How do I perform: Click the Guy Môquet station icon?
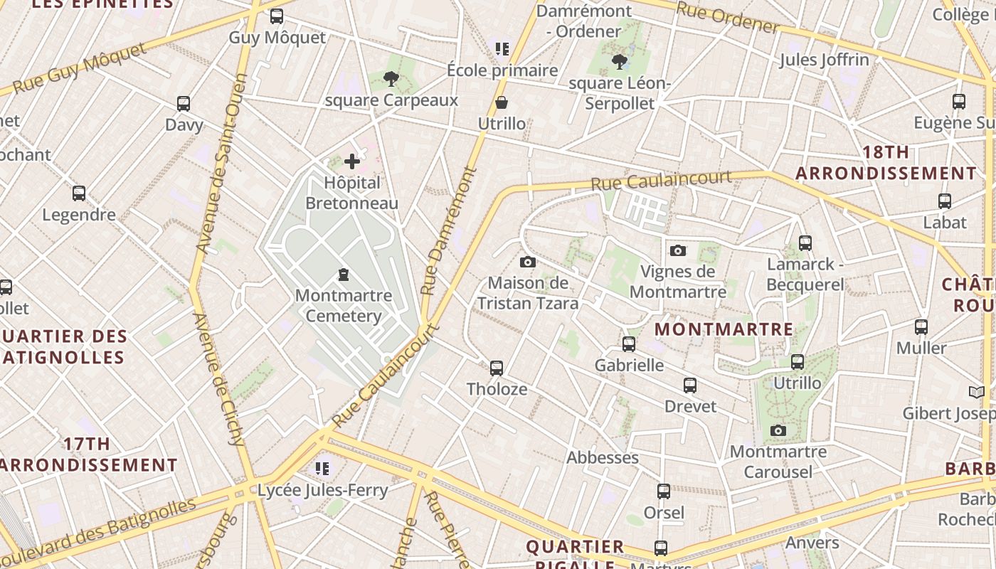pyautogui.click(x=276, y=16)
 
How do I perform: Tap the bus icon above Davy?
pyautogui.click(x=184, y=104)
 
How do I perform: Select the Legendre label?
pyautogui.click(x=79, y=215)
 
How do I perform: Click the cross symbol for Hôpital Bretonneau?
pyautogui.click(x=352, y=162)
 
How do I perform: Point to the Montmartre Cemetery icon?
pyautogui.click(x=344, y=275)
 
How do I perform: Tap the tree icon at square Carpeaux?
pyautogui.click(x=391, y=79)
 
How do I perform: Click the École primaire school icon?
pyautogui.click(x=502, y=49)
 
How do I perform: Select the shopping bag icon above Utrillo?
pyautogui.click(x=502, y=103)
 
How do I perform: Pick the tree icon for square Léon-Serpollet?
pyautogui.click(x=619, y=62)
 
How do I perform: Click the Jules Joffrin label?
pyautogui.click(x=824, y=60)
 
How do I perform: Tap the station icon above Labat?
pyautogui.click(x=945, y=201)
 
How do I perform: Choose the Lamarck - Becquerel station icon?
pyautogui.click(x=805, y=243)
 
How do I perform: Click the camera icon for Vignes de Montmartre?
pyautogui.click(x=678, y=250)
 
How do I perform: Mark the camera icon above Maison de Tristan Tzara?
pyautogui.click(x=527, y=262)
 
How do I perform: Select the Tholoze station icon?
pyautogui.click(x=497, y=368)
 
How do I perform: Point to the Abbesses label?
pyautogui.click(x=603, y=457)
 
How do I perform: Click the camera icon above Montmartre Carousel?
pyautogui.click(x=778, y=430)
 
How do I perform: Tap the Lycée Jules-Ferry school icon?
pyautogui.click(x=322, y=469)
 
